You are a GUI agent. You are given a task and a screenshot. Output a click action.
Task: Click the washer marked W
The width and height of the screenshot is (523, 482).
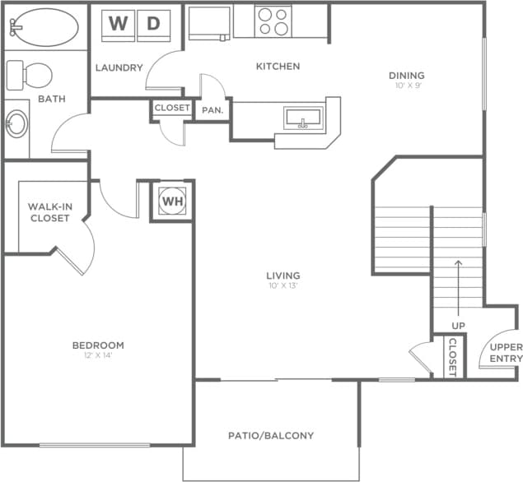pyautogui.click(x=118, y=25)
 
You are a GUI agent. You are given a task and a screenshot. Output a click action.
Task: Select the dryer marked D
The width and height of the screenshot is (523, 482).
pyautogui.click(x=152, y=25)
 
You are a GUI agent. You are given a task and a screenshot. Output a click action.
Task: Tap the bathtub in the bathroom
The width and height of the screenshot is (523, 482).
pyautogui.click(x=44, y=27)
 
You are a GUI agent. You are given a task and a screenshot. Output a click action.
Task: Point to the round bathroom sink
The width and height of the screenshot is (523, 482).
pyautogui.click(x=16, y=125)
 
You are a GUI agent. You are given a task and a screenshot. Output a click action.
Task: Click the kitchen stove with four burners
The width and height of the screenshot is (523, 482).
pyautogui.click(x=273, y=21)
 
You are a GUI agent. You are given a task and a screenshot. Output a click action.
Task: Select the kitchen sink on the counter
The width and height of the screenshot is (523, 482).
pyautogui.click(x=303, y=118)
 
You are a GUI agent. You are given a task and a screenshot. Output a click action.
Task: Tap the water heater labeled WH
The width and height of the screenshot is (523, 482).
pyautogui.click(x=171, y=201)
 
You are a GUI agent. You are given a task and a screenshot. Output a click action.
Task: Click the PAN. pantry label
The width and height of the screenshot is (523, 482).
pyautogui.click(x=213, y=109)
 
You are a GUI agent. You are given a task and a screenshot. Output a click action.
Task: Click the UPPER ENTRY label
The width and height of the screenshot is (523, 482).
pyautogui.click(x=506, y=352)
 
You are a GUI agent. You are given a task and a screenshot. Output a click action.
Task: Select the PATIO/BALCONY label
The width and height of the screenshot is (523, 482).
pyautogui.click(x=271, y=435)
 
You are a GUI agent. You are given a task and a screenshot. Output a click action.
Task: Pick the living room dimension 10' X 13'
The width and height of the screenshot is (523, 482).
pyautogui.click(x=283, y=286)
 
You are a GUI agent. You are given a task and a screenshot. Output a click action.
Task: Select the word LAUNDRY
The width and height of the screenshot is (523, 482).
pyautogui.click(x=119, y=67)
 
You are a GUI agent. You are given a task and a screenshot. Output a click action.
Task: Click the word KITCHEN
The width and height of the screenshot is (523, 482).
pyautogui.click(x=278, y=66)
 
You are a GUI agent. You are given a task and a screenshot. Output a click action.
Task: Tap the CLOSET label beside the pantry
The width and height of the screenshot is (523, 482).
pyautogui.click(x=172, y=108)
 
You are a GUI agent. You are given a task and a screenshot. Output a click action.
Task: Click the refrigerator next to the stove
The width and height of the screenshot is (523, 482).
pyautogui.click(x=209, y=22)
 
